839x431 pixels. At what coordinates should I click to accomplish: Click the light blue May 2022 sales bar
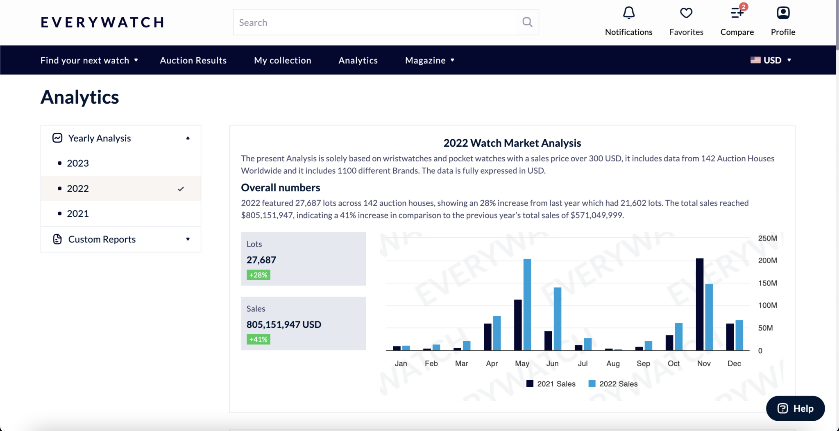point(527,304)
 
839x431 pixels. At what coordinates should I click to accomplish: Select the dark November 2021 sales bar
point(700,304)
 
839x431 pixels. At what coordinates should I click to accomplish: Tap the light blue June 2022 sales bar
point(558,319)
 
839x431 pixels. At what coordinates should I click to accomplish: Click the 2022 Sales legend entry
point(613,384)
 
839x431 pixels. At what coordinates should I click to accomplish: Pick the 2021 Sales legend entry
point(551,384)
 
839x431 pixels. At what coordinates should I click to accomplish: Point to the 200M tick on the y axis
point(767,261)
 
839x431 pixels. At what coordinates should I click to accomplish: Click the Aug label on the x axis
point(613,363)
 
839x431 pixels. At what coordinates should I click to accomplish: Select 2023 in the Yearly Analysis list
point(78,163)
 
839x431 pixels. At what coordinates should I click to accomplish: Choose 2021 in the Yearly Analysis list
point(78,214)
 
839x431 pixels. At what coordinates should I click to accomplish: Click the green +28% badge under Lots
point(259,275)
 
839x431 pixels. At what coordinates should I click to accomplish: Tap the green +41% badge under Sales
point(259,339)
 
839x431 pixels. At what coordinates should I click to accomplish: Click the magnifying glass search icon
point(528,22)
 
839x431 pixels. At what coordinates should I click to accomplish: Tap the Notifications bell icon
point(629,13)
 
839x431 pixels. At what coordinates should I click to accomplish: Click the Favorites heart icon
point(686,13)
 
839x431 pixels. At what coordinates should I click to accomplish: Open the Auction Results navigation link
point(193,60)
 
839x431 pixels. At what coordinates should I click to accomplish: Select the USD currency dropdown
point(771,60)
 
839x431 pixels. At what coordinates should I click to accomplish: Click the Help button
point(795,408)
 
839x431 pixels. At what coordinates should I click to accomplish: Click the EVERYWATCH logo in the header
point(102,22)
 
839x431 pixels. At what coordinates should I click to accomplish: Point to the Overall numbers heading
point(281,188)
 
